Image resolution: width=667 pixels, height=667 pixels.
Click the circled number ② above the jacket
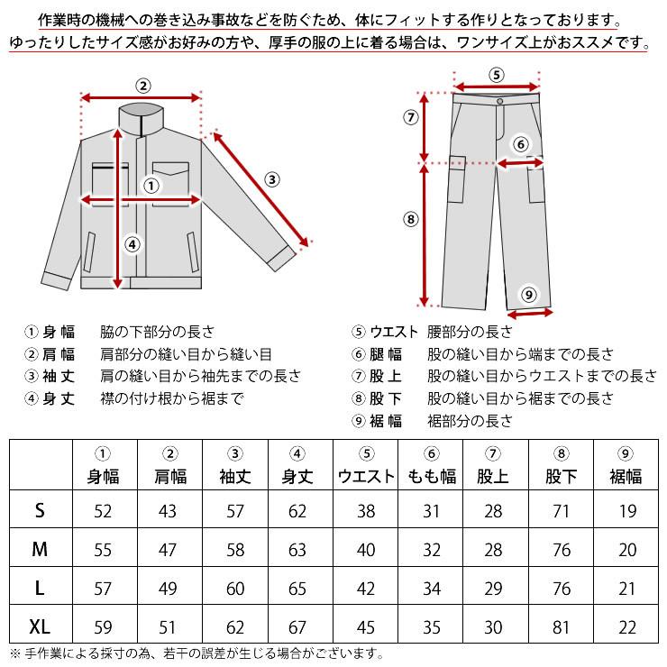click(142, 86)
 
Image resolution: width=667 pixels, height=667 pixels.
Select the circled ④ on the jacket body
click(132, 242)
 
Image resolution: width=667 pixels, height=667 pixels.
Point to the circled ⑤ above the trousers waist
click(497, 75)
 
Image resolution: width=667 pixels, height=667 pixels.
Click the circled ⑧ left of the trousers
click(411, 218)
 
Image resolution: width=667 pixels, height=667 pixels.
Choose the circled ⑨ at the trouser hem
click(529, 294)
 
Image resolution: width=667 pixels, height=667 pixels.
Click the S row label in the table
click(40, 511)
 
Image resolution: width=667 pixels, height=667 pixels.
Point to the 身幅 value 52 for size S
click(104, 511)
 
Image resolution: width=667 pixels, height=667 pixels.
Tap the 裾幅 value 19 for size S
click(627, 511)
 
